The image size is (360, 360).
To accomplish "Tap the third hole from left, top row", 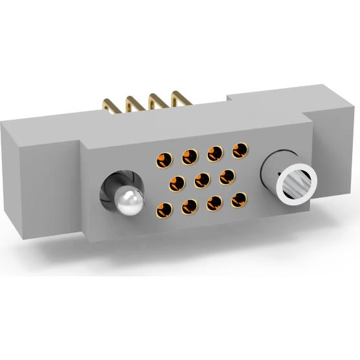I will pyautogui.click(x=216, y=153).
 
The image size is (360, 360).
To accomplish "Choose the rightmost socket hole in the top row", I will pyautogui.click(x=241, y=150).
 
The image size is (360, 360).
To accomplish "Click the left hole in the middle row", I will pyautogui.click(x=175, y=183).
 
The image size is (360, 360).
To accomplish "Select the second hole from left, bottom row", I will pyautogui.click(x=189, y=206).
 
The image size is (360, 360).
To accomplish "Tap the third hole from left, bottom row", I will pyautogui.click(x=216, y=202).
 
